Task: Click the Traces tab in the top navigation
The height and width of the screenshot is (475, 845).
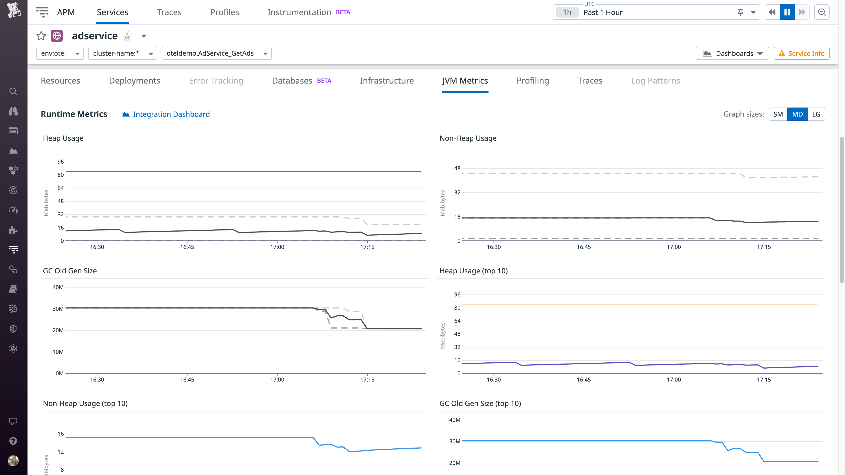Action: [169, 12]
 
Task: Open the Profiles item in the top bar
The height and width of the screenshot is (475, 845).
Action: [224, 12]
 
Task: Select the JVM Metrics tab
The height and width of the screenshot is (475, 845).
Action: [465, 81]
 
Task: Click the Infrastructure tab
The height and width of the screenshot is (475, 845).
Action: [386, 81]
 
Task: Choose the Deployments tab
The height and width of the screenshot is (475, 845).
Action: [134, 81]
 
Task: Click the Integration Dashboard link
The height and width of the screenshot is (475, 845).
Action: [171, 114]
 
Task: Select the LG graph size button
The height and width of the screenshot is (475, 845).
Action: [816, 114]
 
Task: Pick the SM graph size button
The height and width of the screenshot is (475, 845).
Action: [778, 114]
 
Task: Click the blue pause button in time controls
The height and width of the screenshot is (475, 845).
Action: [787, 12]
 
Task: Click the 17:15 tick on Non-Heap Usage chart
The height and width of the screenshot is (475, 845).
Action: [764, 247]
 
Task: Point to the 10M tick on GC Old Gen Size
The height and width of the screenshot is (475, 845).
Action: [58, 352]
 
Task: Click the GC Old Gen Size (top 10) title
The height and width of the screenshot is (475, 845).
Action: [480, 403]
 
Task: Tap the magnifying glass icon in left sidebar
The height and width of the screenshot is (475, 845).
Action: [13, 91]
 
